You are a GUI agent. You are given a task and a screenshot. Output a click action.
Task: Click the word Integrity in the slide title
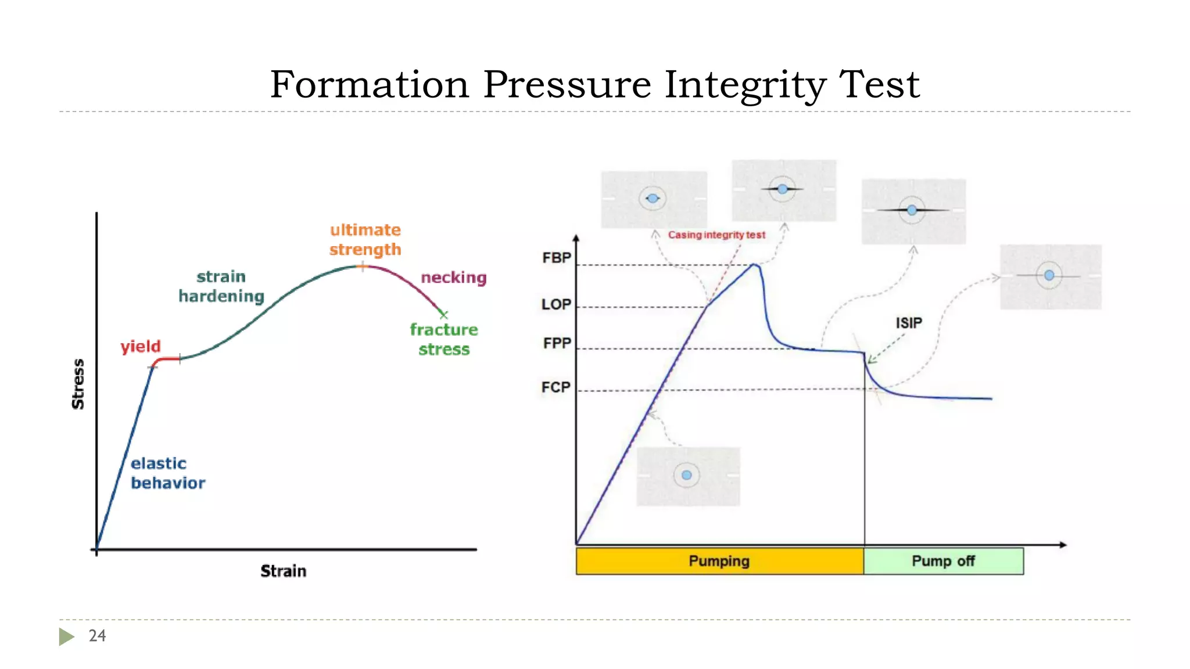(744, 85)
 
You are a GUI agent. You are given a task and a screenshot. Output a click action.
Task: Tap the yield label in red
(140, 347)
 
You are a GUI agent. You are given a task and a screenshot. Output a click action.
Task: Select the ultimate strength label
(365, 239)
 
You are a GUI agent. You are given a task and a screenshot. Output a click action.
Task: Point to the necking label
(453, 278)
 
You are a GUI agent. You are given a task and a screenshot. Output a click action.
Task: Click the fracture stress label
(444, 339)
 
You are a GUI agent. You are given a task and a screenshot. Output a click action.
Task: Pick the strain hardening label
(221, 286)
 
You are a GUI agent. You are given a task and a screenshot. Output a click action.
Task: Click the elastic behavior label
(167, 473)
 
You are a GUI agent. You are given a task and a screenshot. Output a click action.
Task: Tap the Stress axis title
(78, 384)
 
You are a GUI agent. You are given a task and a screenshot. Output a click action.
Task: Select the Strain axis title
(283, 571)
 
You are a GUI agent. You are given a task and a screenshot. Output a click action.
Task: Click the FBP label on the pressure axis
(556, 258)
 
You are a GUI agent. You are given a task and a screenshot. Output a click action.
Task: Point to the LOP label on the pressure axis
(556, 304)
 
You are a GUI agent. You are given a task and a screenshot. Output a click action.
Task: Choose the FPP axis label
(557, 343)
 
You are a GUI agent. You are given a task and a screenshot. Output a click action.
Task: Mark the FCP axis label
(555, 387)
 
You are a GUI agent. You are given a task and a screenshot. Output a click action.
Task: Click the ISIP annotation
(909, 323)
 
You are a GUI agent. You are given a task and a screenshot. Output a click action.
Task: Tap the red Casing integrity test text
(716, 235)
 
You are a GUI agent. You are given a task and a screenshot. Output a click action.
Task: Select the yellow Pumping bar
(719, 561)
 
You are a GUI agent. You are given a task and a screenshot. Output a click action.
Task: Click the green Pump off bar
(943, 561)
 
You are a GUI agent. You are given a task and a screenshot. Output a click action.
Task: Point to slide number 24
(97, 635)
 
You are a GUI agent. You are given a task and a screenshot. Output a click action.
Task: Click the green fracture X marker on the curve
(444, 315)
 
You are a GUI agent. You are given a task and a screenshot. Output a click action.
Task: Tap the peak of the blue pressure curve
(754, 265)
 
